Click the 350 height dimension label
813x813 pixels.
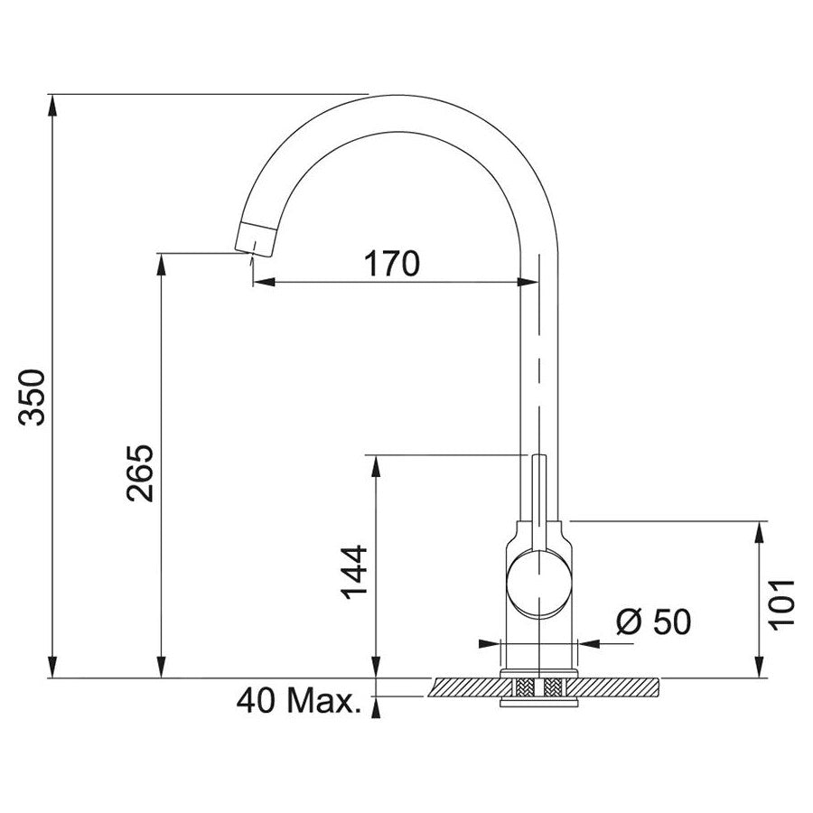pyautogui.click(x=33, y=397)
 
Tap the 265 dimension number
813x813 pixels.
pyautogui.click(x=140, y=472)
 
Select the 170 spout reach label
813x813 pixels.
pyautogui.click(x=391, y=264)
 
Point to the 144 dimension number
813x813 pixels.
pyautogui.click(x=354, y=572)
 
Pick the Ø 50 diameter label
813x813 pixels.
pyautogui.click(x=653, y=621)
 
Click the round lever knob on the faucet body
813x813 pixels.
pyautogui.click(x=539, y=583)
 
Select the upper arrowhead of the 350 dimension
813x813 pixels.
pyautogui.click(x=52, y=106)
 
